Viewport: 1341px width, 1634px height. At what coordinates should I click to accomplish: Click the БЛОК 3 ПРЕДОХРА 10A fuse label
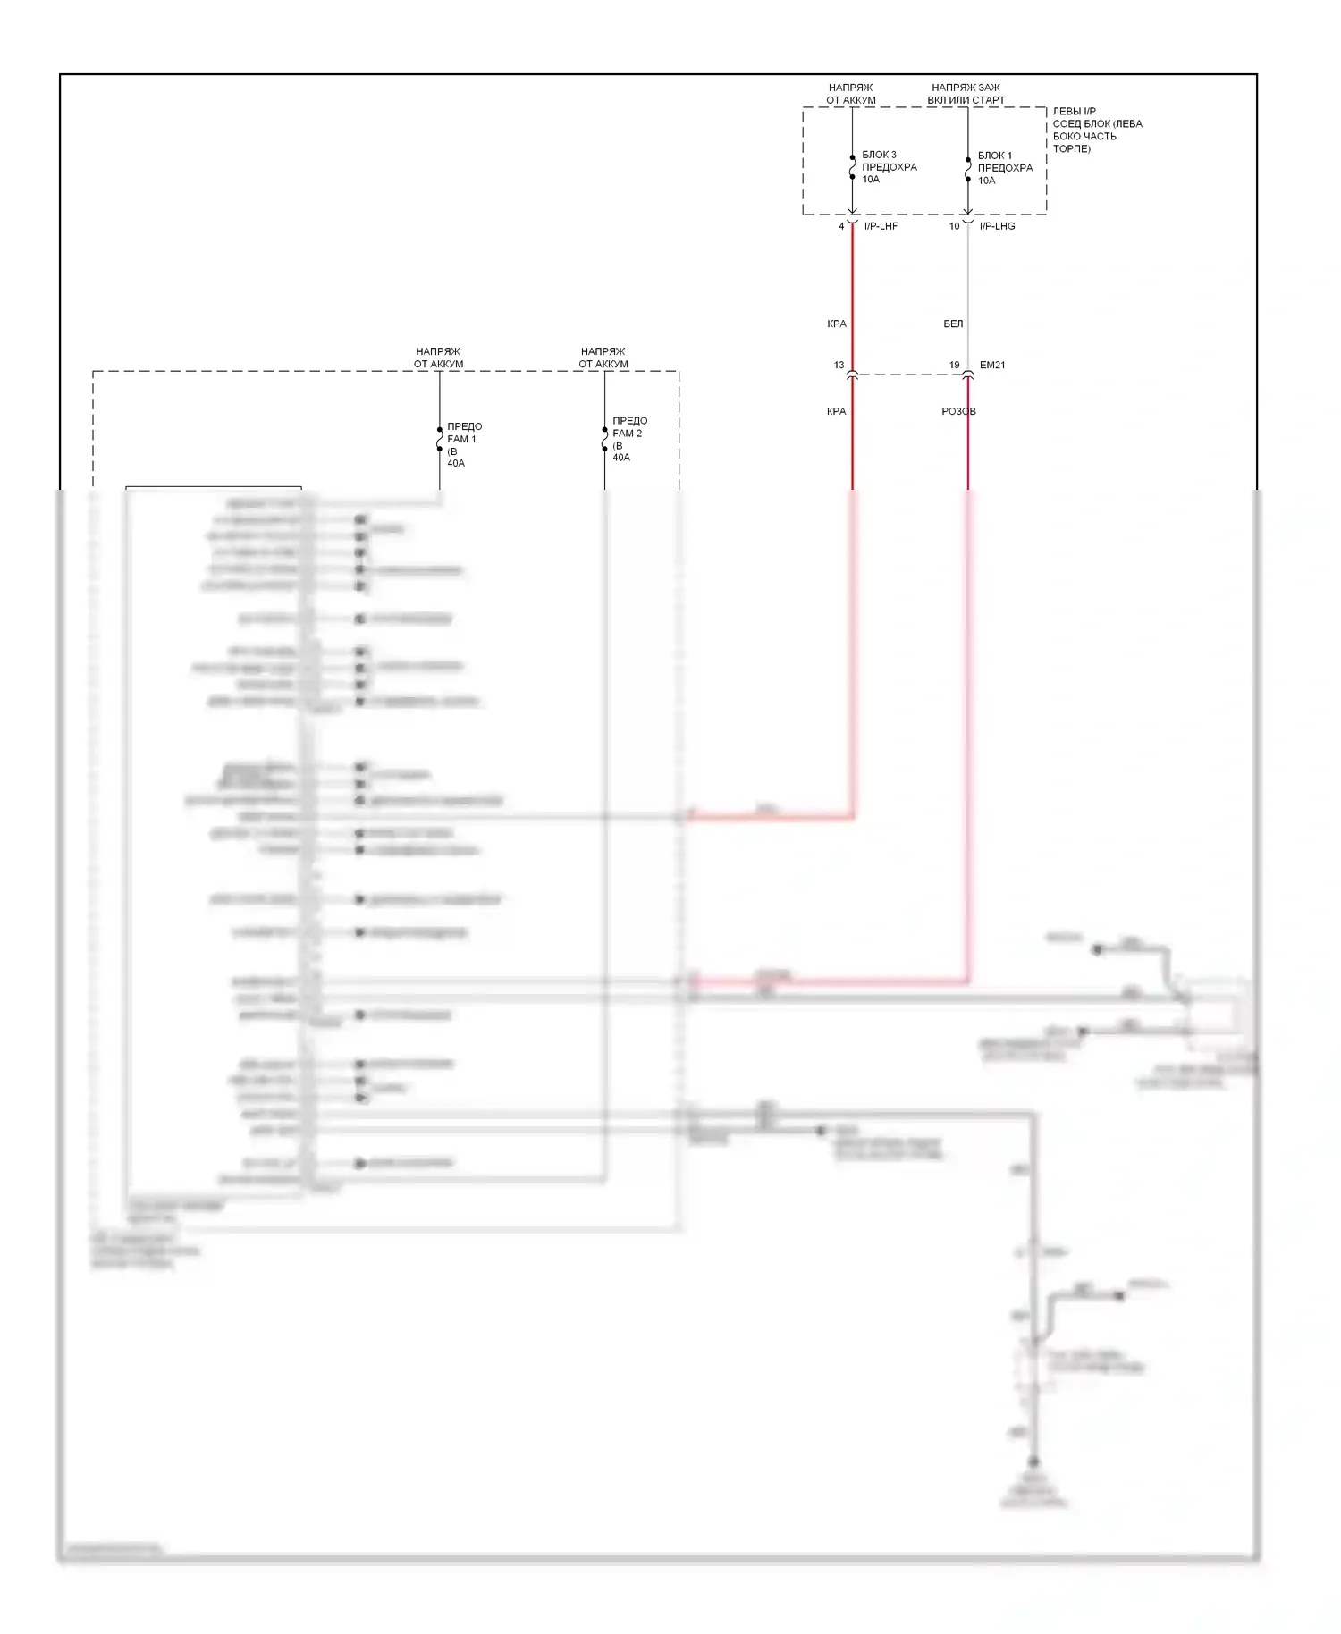(889, 167)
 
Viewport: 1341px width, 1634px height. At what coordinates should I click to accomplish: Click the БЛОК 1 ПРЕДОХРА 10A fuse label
(1004, 168)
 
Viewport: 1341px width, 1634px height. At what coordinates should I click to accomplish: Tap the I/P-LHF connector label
(881, 226)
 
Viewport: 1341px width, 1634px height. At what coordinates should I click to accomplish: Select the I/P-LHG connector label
(997, 226)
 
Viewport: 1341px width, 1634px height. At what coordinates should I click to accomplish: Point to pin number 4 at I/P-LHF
(841, 226)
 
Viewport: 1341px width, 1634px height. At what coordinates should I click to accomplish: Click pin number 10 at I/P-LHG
(954, 226)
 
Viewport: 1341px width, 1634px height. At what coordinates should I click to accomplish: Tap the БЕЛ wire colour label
(953, 324)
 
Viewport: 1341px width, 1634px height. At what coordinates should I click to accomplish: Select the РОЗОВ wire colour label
(958, 411)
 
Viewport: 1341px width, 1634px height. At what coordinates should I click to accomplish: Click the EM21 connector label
(992, 365)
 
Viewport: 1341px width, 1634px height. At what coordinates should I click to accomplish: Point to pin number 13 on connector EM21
(839, 365)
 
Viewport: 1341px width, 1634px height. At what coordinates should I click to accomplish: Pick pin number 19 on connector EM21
(954, 365)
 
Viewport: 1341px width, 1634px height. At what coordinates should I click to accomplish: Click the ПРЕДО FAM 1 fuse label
(464, 444)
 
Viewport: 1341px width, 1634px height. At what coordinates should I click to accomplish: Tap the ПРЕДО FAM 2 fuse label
(629, 439)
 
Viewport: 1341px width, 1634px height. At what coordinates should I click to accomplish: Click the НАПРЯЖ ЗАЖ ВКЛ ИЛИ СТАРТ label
(966, 94)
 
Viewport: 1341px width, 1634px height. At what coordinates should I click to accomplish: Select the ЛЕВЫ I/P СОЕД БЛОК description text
(1097, 130)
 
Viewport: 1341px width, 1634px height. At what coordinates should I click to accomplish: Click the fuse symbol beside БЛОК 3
(853, 167)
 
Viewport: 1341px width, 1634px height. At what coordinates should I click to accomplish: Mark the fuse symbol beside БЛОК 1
(968, 169)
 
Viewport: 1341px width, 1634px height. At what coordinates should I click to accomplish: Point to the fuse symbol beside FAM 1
(440, 440)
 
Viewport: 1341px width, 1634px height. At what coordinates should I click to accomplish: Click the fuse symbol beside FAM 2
(605, 440)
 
